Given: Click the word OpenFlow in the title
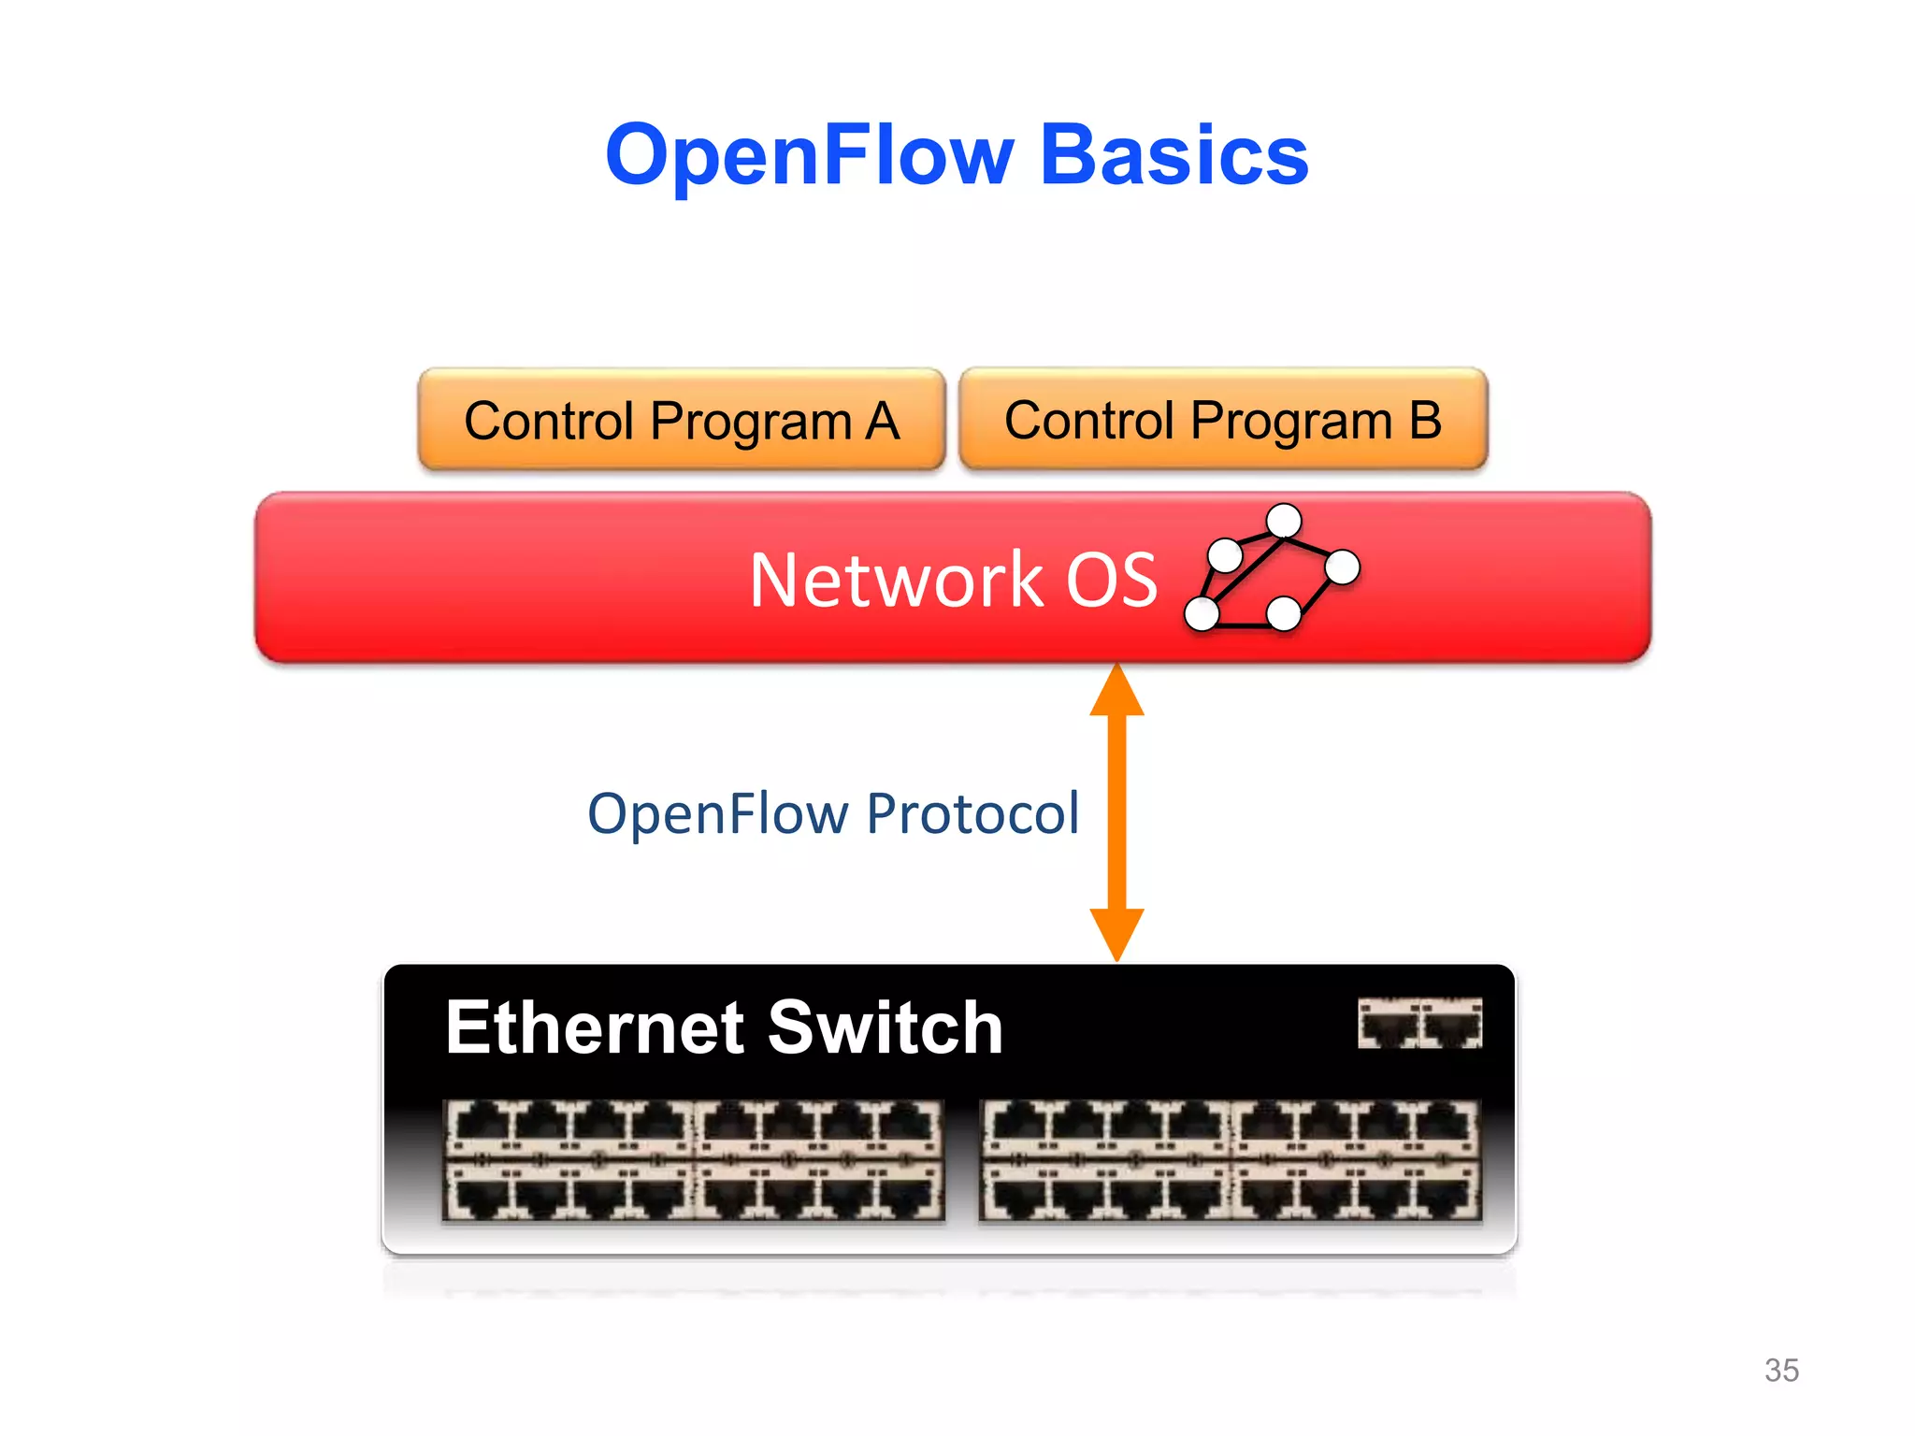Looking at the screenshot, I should (x=810, y=156).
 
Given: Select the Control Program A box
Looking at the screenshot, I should (x=682, y=420).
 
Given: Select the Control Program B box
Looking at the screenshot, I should (x=1223, y=420).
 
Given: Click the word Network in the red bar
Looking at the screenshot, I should (x=895, y=581).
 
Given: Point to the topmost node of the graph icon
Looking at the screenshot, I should (x=1284, y=521).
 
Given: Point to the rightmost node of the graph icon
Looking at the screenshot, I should (x=1342, y=567).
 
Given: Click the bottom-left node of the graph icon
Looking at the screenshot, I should (x=1202, y=613).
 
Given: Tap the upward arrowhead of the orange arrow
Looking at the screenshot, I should (x=1116, y=692).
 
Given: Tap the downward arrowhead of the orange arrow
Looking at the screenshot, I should (x=1116, y=932).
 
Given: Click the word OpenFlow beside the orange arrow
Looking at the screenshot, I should (x=716, y=813).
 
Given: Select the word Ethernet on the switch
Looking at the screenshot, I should (x=595, y=1027).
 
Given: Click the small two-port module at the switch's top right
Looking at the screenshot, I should (x=1419, y=1023).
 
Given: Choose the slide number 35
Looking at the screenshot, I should (x=1780, y=1370).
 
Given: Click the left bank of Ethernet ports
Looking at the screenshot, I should (x=693, y=1160).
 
